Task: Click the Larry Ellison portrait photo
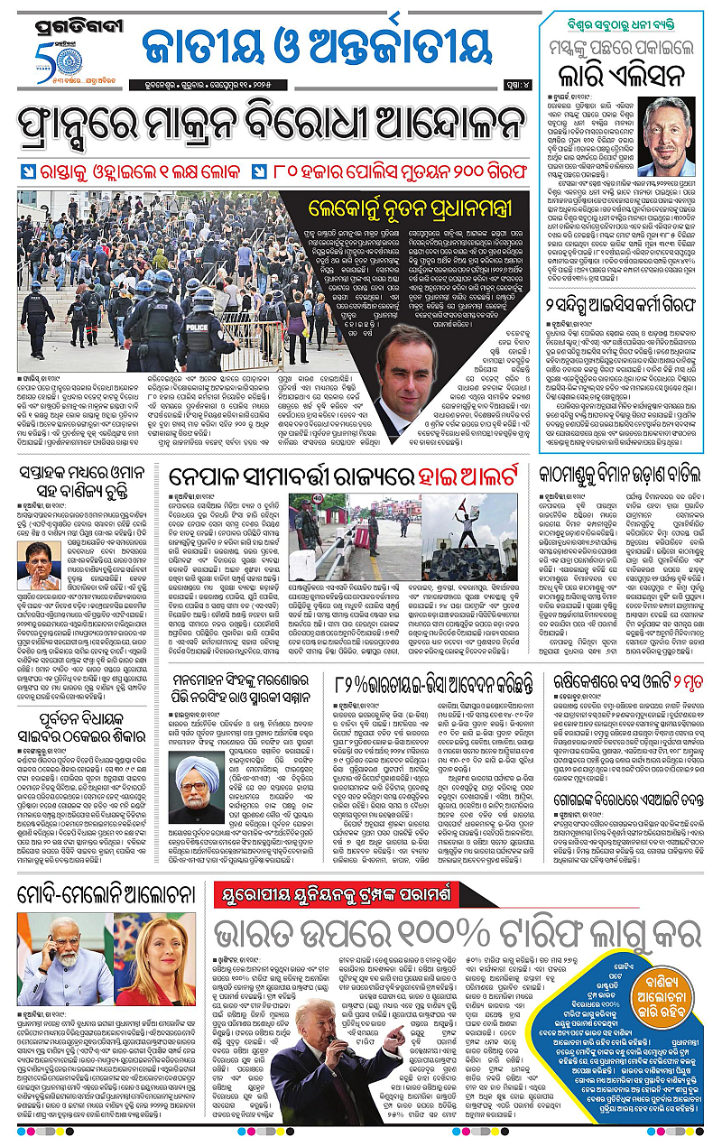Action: [x=669, y=136]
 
